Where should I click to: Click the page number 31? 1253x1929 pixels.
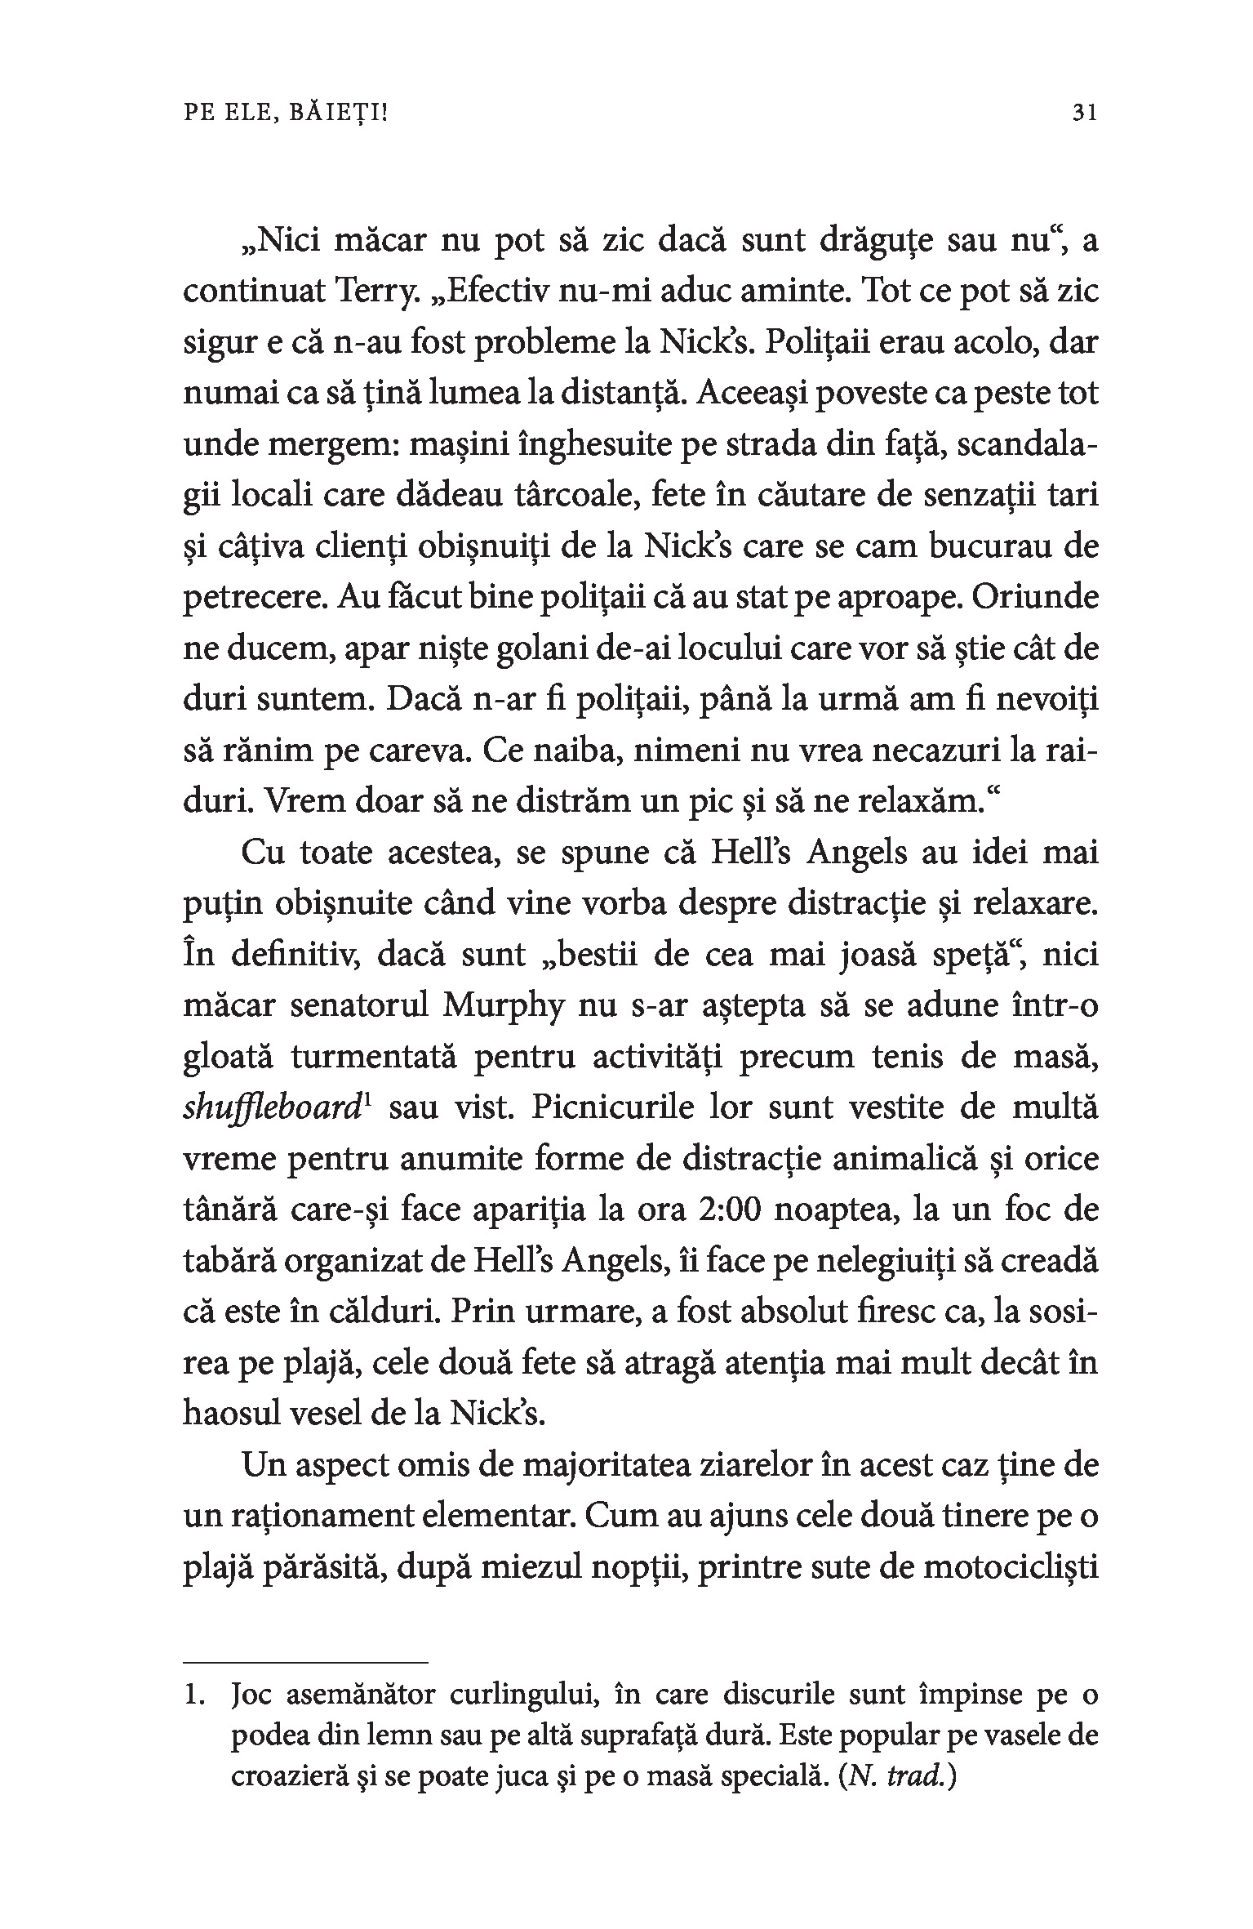1084,113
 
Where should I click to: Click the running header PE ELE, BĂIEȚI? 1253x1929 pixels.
286,113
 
